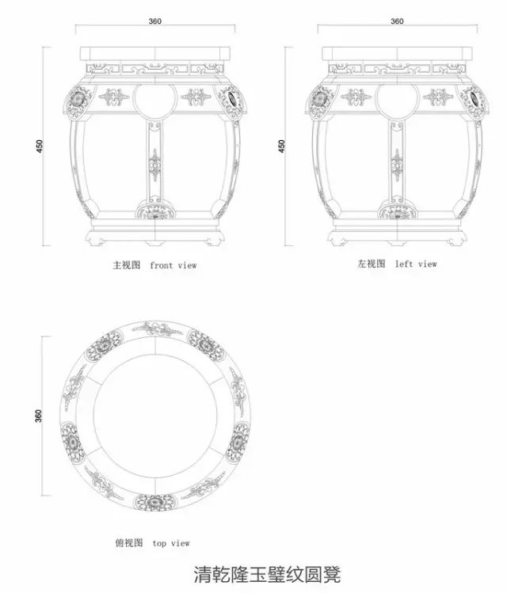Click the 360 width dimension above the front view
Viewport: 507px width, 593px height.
click(155, 21)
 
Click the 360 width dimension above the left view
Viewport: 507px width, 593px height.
click(398, 21)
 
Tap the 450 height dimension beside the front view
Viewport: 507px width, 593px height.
click(40, 146)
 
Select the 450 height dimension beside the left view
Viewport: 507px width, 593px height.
click(282, 146)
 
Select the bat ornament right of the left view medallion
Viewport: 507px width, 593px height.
click(438, 98)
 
